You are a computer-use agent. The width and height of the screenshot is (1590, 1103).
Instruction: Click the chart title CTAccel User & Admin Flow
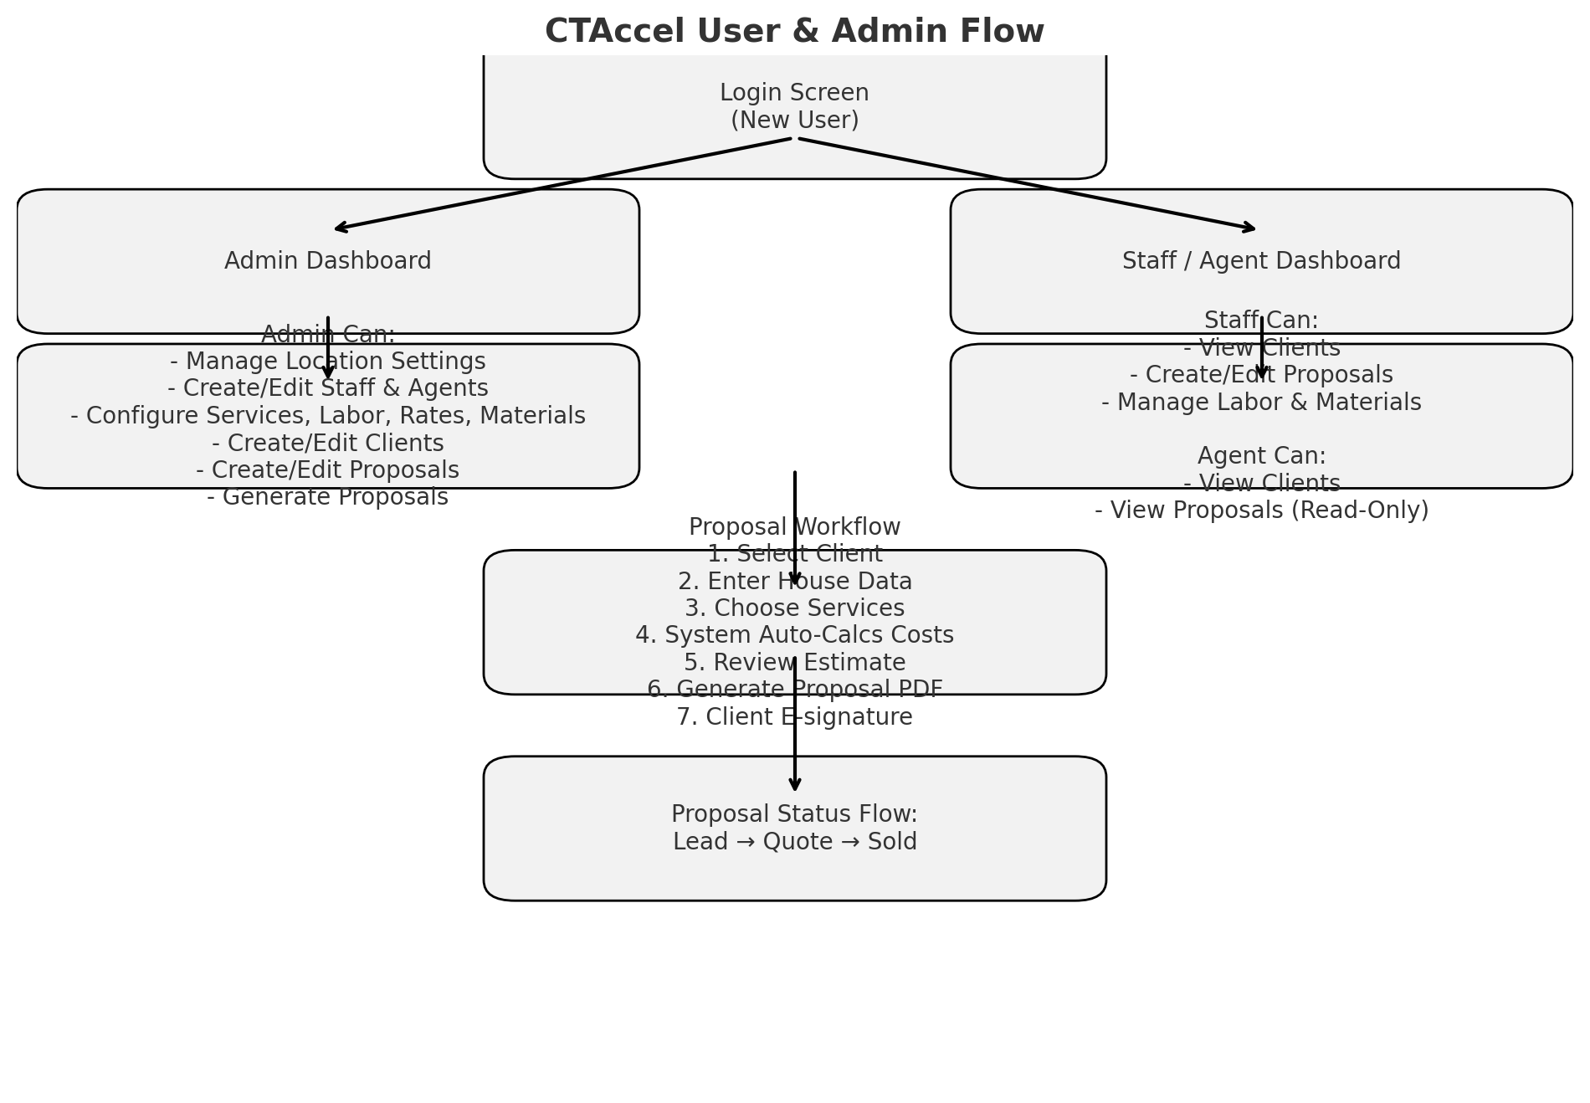point(794,32)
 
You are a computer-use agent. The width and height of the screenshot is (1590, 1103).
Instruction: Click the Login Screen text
point(794,93)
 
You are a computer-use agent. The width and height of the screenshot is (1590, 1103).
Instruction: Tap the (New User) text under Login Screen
point(794,121)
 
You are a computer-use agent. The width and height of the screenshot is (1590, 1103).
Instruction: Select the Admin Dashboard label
point(328,261)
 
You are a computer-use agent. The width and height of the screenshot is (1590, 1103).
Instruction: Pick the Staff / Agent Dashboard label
point(1261,261)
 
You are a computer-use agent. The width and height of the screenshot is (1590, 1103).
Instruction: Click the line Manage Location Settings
point(328,362)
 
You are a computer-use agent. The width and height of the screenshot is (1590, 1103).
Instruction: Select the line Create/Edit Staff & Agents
point(328,388)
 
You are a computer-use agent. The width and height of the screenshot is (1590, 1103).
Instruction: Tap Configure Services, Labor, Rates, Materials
point(328,416)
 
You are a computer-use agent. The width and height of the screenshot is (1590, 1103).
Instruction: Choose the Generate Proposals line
point(328,497)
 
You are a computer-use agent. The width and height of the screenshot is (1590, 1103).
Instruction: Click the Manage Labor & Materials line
point(1261,403)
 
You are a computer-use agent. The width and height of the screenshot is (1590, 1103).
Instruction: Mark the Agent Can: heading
point(1261,456)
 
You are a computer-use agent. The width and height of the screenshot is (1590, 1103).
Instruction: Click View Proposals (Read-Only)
point(1261,510)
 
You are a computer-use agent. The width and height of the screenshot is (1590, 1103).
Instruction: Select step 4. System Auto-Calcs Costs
point(794,635)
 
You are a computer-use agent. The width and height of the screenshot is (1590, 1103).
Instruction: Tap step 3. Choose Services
point(794,608)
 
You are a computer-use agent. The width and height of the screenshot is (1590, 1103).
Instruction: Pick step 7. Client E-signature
point(794,717)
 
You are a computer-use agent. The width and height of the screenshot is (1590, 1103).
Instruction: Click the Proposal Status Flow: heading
point(794,814)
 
